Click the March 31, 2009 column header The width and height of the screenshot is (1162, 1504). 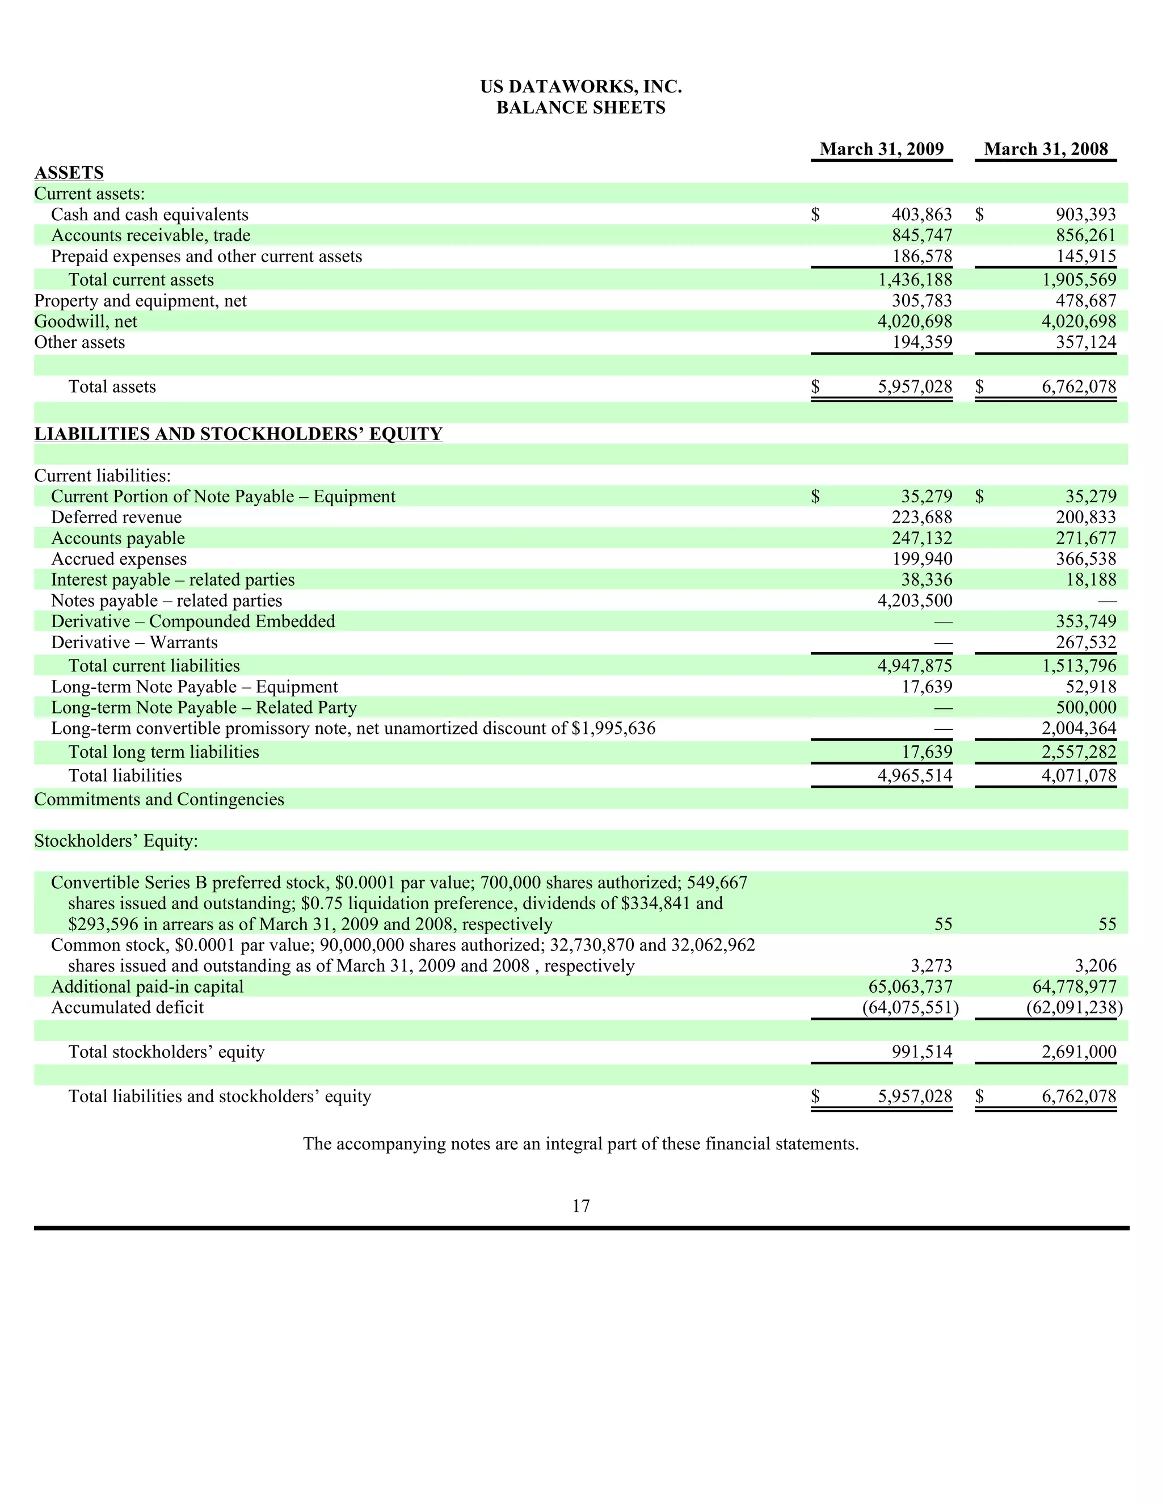click(x=881, y=149)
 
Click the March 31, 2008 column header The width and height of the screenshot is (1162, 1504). click(x=1046, y=149)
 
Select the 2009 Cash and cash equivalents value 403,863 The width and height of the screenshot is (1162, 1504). click(x=921, y=215)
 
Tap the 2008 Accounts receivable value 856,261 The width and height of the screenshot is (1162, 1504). click(x=1085, y=236)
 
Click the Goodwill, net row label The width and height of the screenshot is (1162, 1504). click(x=85, y=322)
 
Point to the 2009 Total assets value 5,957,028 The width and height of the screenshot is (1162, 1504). click(x=915, y=387)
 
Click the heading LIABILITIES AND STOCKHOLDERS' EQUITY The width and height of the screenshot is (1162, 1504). click(x=238, y=434)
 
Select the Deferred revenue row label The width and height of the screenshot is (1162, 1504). click(x=116, y=517)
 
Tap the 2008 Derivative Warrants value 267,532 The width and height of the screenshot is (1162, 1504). click(x=1085, y=642)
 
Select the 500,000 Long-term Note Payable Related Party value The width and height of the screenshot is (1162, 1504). click(x=1085, y=708)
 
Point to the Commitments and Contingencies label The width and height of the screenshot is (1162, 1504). click(x=159, y=800)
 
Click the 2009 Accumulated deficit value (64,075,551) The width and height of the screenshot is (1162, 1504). click(x=910, y=1007)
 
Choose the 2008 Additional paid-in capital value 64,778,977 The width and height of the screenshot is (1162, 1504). click(x=1075, y=987)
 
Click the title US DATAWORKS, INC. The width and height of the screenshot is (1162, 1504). click(x=580, y=87)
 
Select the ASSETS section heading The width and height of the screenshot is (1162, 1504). click(x=69, y=172)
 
